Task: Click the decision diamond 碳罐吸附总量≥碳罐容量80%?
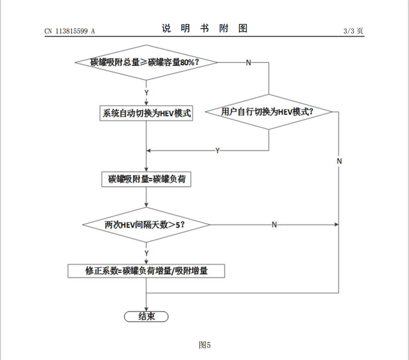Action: click(x=146, y=62)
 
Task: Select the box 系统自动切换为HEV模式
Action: click(x=146, y=113)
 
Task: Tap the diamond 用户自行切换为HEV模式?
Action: click(x=268, y=112)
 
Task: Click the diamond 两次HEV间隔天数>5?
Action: click(x=147, y=224)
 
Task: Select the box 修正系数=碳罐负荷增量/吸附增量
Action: click(x=147, y=270)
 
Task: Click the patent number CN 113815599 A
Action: click(x=70, y=30)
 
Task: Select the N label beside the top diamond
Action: click(x=248, y=63)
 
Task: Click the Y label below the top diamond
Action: click(x=147, y=92)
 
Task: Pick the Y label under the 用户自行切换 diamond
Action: click(x=217, y=150)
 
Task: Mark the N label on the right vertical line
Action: click(x=340, y=160)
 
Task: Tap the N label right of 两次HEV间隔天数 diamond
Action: click(x=274, y=224)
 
